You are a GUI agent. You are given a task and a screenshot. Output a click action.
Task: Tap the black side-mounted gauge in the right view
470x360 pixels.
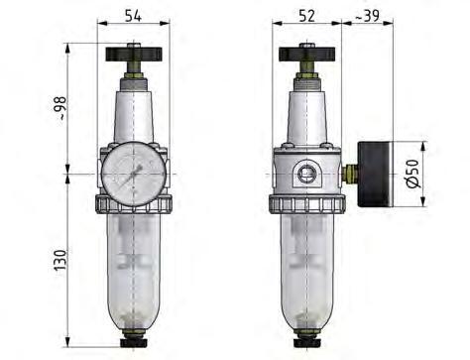pos(376,175)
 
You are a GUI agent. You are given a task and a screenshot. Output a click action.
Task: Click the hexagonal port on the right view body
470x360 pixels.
pos(308,175)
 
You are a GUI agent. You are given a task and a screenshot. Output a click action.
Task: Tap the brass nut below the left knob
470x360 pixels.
pos(132,74)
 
